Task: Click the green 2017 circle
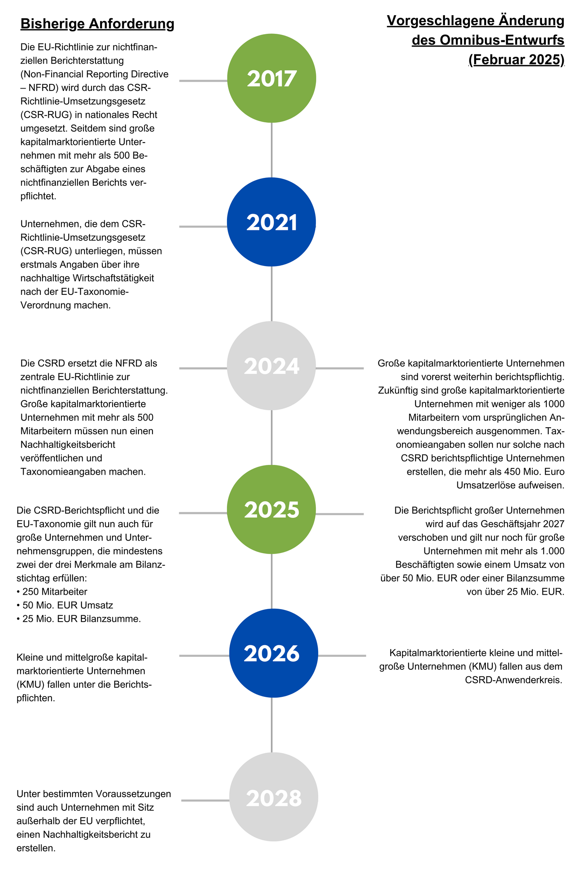[272, 78]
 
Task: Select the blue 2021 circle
[272, 222]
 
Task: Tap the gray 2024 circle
[272, 366]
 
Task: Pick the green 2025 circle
[272, 509]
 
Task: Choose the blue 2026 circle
[274, 653]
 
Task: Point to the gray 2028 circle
[274, 797]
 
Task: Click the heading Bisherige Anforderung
[97, 24]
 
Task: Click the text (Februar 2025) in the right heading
[516, 59]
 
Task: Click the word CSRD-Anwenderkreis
[514, 680]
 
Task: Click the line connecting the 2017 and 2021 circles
[272, 150]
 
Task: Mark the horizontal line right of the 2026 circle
[342, 656]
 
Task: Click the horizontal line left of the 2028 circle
[205, 800]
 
